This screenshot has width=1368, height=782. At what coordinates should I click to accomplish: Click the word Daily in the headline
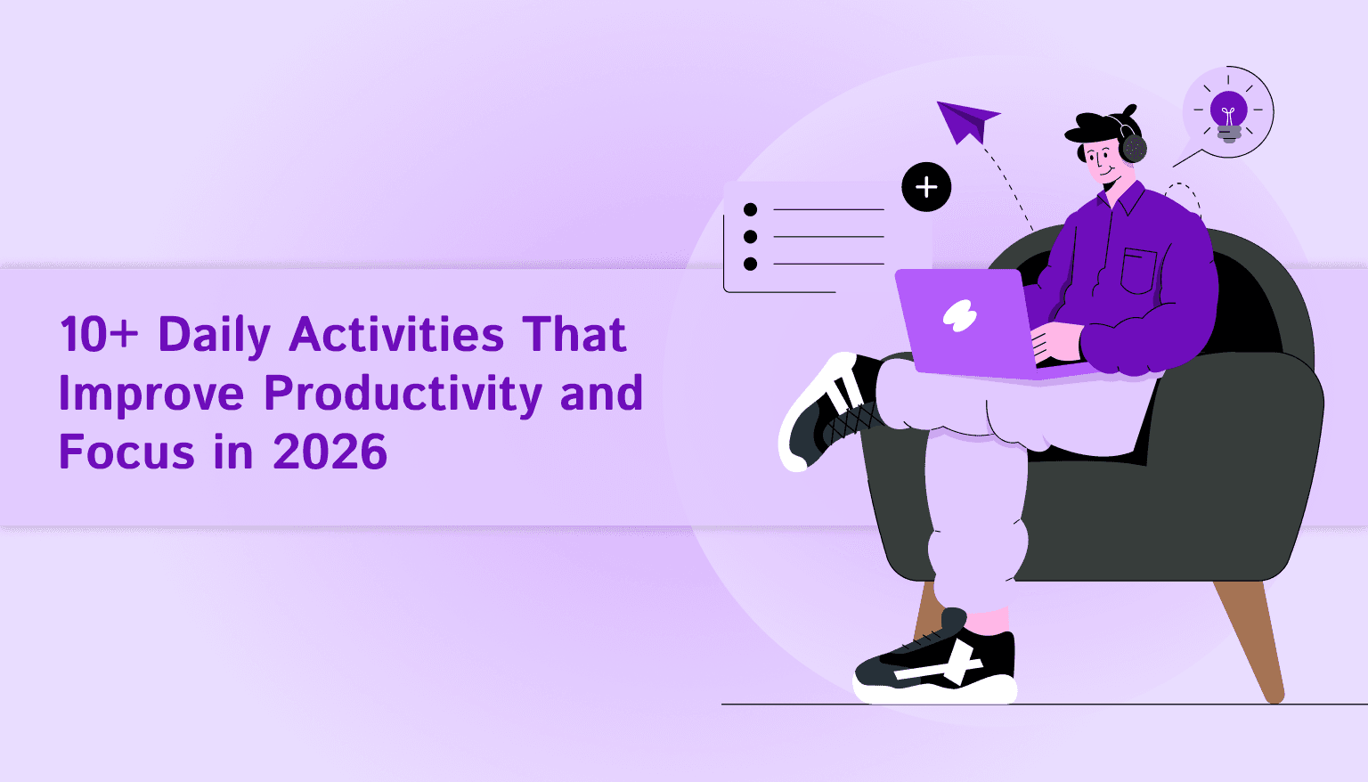coord(214,336)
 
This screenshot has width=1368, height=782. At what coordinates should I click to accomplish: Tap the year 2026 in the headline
coord(330,452)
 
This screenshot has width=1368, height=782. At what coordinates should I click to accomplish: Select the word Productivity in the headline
coord(403,394)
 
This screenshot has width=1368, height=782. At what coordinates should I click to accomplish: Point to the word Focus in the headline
coord(126,452)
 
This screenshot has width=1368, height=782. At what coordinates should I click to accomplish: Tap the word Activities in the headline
coord(396,336)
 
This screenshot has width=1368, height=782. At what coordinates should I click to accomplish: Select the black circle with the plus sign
coord(926,187)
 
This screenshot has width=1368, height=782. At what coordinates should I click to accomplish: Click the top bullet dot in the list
coord(750,209)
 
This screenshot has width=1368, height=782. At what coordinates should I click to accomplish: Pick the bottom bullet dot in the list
coord(750,264)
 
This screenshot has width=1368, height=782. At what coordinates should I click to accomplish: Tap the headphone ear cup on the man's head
coord(1134,147)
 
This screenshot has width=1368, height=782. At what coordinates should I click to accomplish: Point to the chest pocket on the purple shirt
coord(1138,271)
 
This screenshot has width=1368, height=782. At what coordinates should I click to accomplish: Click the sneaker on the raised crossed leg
coord(824,410)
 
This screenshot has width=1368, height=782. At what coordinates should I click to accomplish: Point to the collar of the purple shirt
coord(1122,200)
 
